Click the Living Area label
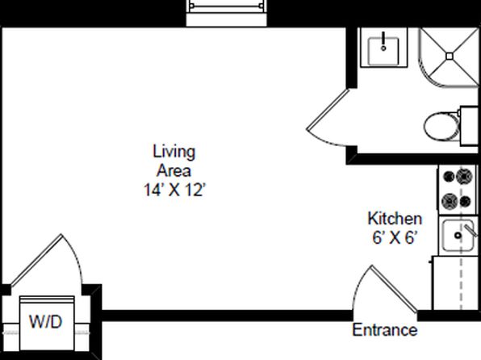point(174,161)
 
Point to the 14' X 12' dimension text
point(174,190)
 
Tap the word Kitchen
point(395,219)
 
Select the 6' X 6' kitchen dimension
point(395,237)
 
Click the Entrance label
point(385,330)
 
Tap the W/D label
point(46,322)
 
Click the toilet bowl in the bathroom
point(442,126)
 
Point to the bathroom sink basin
point(383,52)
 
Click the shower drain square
point(450,57)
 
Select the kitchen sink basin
point(458,236)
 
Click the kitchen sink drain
point(458,236)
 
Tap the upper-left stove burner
point(449,177)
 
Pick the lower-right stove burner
point(466,202)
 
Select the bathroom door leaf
point(328,109)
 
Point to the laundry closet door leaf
point(36,260)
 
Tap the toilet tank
point(470,126)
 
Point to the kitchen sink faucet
point(471,230)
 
